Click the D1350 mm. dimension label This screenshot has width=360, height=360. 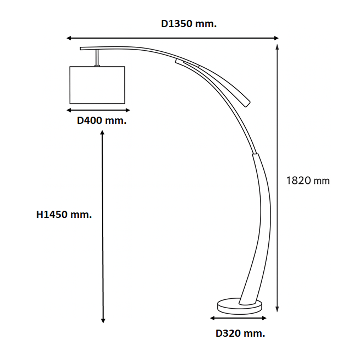(x=189, y=24)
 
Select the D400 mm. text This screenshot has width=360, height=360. (x=102, y=121)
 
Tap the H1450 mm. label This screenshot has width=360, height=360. (x=64, y=215)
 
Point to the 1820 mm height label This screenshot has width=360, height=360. (x=308, y=181)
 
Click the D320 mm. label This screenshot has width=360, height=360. (x=240, y=333)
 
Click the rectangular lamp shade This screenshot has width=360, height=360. (x=97, y=85)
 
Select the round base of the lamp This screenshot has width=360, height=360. (x=240, y=307)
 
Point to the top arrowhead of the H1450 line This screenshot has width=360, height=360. (x=103, y=133)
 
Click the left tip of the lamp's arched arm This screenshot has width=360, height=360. (x=81, y=48)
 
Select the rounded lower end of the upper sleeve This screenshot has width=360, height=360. (x=247, y=103)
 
